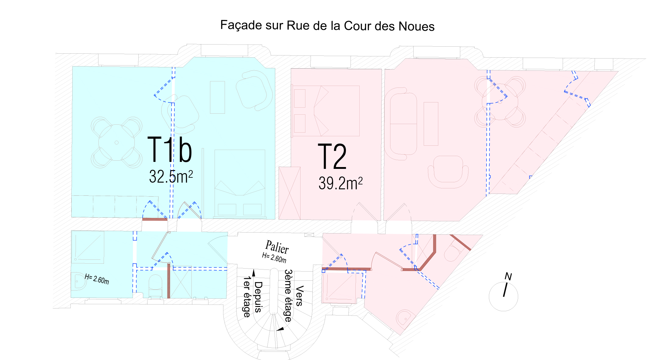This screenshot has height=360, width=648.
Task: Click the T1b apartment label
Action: pyautogui.click(x=169, y=150)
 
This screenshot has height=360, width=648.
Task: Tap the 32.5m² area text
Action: pyautogui.click(x=171, y=176)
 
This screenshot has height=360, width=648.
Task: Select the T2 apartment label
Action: pyautogui.click(x=332, y=157)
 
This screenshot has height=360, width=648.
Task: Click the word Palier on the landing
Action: pyautogui.click(x=277, y=247)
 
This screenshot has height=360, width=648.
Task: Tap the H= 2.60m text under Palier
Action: pyautogui.click(x=274, y=258)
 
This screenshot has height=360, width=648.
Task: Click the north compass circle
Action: pyautogui.click(x=503, y=296)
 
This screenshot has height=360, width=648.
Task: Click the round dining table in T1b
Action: pyautogui.click(x=116, y=142)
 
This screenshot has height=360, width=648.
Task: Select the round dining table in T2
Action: pyautogui.click(x=500, y=102)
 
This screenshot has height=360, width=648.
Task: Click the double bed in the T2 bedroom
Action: pyautogui.click(x=326, y=111)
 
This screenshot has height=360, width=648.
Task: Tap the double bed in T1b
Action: pyautogui.click(x=240, y=183)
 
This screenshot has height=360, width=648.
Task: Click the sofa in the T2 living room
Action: pyautogui.click(x=400, y=124)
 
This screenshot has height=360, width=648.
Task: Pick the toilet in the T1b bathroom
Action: pyautogui.click(x=155, y=285)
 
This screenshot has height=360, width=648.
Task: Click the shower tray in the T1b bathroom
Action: pyautogui.click(x=88, y=247)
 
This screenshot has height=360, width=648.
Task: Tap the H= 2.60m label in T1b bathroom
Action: pyautogui.click(x=97, y=279)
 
